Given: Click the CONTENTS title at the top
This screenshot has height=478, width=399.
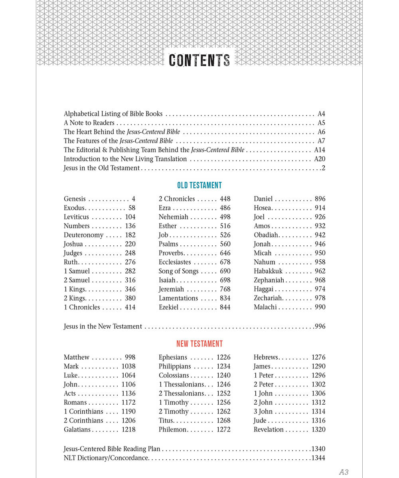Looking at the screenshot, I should coord(199,60).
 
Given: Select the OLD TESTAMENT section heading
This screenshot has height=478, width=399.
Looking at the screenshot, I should coord(199,185).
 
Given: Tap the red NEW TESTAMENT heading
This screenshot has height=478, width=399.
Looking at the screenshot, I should coord(199,344).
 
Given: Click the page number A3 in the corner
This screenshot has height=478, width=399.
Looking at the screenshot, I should coord(344,472).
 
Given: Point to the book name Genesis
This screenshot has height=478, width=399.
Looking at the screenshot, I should coord(75,199).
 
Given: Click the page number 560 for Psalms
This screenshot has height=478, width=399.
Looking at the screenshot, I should coord(225,244).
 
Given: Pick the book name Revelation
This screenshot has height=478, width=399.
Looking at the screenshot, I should coord(269,429).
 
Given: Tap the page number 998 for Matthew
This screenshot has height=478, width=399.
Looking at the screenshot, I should coord(130,357).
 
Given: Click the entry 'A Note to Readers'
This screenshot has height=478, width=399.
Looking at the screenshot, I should coord(89,123).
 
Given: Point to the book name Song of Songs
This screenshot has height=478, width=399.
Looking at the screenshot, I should coord(178,271).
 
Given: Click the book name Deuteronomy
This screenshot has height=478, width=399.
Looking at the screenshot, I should coord(83,235).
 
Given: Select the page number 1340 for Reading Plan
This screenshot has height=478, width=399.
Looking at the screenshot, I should coord(318,449).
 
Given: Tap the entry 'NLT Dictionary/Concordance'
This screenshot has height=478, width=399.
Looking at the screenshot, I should coord(106,458).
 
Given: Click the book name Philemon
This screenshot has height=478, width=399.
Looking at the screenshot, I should coord(172,429).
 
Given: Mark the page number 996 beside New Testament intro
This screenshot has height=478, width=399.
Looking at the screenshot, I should coord(320,327).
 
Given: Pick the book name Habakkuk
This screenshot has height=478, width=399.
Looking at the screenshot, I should coord(268,271).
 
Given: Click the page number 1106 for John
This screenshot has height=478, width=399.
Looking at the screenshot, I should coord(128,384).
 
